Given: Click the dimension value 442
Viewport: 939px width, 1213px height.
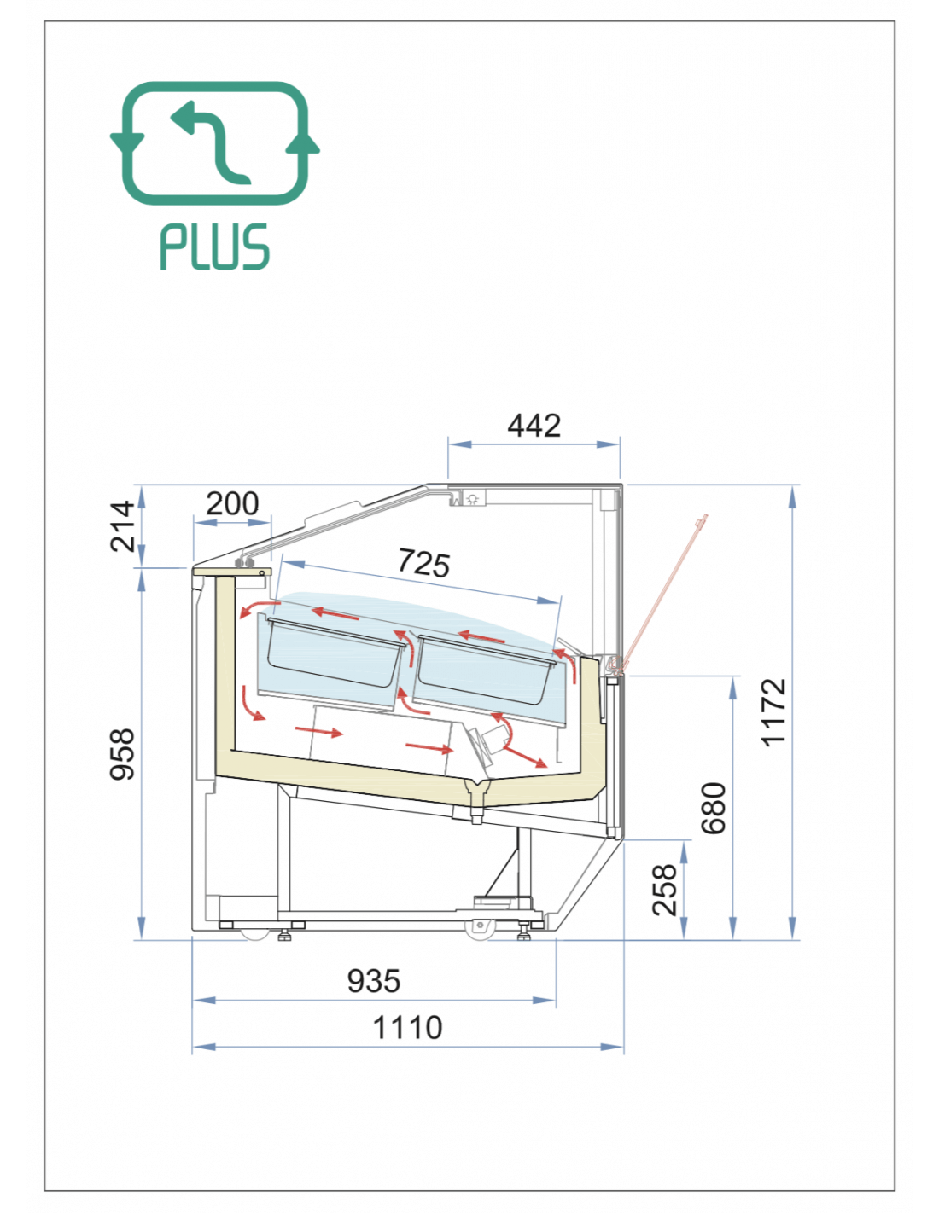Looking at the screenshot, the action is (534, 426).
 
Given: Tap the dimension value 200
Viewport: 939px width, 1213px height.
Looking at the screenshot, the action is (232, 503).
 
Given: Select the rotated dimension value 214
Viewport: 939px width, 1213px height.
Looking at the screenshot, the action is (123, 525).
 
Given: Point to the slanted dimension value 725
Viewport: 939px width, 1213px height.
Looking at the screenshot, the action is (423, 563).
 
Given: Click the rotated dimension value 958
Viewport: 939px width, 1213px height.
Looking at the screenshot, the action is (122, 753).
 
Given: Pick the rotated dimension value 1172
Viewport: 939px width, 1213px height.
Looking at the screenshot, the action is (773, 712).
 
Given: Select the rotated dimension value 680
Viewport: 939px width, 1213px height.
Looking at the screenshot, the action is (714, 809).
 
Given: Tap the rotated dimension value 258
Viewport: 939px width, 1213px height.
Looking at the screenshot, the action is (665, 890).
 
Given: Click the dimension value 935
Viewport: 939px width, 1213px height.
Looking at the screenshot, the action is (374, 981).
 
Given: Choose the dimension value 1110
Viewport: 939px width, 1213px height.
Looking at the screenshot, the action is (407, 1027).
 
